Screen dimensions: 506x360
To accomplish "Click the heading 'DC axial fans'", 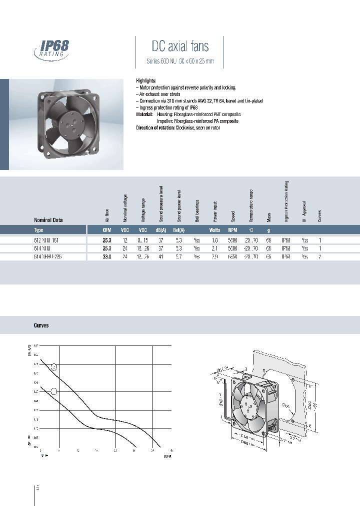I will pyautogui.click(x=180, y=47).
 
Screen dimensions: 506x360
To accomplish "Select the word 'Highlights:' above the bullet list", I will pyautogui.click(x=146, y=80).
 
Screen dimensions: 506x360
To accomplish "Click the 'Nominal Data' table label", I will pyautogui.click(x=48, y=220).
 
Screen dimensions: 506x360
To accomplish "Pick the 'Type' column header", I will pyautogui.click(x=38, y=230).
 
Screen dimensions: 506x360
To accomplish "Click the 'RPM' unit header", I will pyautogui.click(x=232, y=230).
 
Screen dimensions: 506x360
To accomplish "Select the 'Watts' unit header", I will pyautogui.click(x=214, y=230).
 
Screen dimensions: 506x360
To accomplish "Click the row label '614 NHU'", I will pyautogui.click(x=42, y=248).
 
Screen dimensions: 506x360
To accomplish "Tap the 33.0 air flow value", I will pyautogui.click(x=106, y=256).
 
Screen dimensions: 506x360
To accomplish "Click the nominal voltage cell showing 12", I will pyautogui.click(x=125, y=240).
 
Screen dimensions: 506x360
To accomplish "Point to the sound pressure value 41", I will pyautogui.click(x=161, y=256).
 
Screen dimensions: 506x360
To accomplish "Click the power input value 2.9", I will pyautogui.click(x=214, y=256).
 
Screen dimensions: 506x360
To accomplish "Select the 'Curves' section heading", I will pyautogui.click(x=41, y=325).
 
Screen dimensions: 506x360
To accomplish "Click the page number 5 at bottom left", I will pyautogui.click(x=38, y=487).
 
